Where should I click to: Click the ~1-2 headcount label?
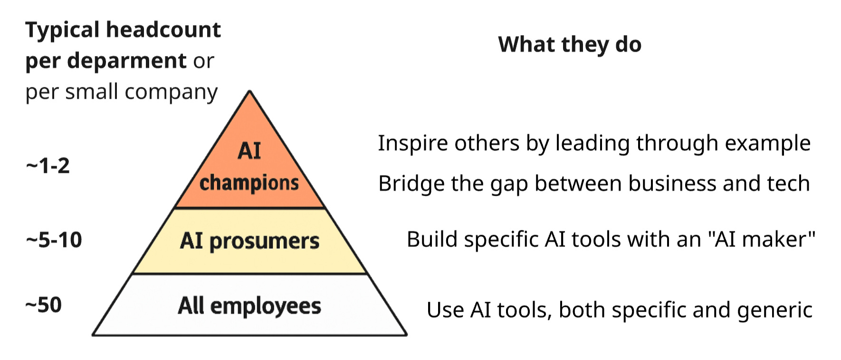[48, 166]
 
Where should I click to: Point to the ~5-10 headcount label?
[54, 240]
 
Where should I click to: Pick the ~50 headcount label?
[43, 305]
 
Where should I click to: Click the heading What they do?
[570, 45]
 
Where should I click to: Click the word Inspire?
[411, 143]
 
